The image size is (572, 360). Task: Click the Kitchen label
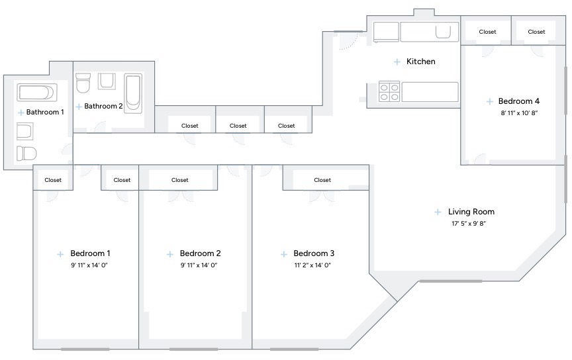point(420,62)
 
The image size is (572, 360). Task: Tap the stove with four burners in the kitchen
point(389,91)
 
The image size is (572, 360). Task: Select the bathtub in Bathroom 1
point(37,92)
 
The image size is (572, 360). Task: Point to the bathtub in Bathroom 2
point(133,93)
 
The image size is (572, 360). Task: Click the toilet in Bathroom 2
point(83,83)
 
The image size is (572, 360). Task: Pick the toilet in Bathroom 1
point(26,153)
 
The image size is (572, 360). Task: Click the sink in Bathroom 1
point(24,131)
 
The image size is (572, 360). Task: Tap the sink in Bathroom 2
point(107,81)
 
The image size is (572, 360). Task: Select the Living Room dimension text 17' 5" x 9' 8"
point(469,223)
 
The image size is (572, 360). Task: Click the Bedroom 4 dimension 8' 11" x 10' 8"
point(519,112)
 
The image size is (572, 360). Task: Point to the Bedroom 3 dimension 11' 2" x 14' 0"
point(312,265)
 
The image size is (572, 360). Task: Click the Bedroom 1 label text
point(90,253)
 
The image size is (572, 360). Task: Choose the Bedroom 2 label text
point(201,253)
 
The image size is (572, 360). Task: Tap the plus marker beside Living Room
point(438,212)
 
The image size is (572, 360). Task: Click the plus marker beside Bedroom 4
point(489,102)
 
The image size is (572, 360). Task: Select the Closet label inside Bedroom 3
point(322,180)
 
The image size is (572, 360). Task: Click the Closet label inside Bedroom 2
point(180,180)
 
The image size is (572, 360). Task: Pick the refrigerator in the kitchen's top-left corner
point(386,32)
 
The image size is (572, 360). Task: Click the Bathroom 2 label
point(103,106)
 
